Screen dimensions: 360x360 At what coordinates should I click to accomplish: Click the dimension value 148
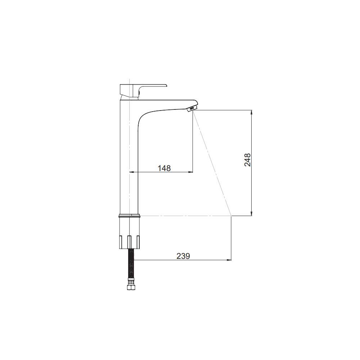(164, 168)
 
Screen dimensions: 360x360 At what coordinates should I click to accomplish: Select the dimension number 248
(248, 160)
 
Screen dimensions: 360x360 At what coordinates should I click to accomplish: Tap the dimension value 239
(183, 256)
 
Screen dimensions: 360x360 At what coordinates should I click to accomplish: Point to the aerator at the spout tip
(192, 108)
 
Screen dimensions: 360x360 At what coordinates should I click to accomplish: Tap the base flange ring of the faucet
(130, 216)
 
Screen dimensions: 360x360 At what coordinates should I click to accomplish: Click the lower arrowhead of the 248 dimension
(252, 213)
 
